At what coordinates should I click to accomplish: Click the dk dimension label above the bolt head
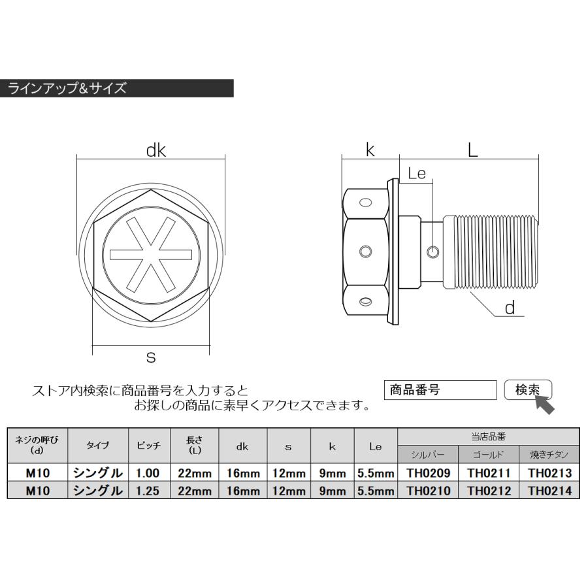[155, 151]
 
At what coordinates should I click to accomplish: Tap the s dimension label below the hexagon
[151, 357]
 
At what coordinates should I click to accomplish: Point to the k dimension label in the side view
[370, 151]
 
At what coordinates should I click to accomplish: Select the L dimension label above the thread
[472, 151]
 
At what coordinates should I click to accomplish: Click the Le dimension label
[416, 173]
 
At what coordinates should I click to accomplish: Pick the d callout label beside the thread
[511, 308]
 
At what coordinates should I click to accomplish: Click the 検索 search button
[528, 390]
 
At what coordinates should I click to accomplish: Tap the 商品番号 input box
[440, 390]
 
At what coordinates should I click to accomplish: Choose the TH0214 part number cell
[549, 490]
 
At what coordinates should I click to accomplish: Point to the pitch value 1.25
[148, 490]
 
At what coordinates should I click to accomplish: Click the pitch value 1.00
[148, 472]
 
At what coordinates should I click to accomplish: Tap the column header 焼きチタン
[549, 454]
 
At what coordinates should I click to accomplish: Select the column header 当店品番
[488, 436]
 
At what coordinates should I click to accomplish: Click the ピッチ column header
[148, 445]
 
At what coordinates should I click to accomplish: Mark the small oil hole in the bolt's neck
[432, 252]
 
